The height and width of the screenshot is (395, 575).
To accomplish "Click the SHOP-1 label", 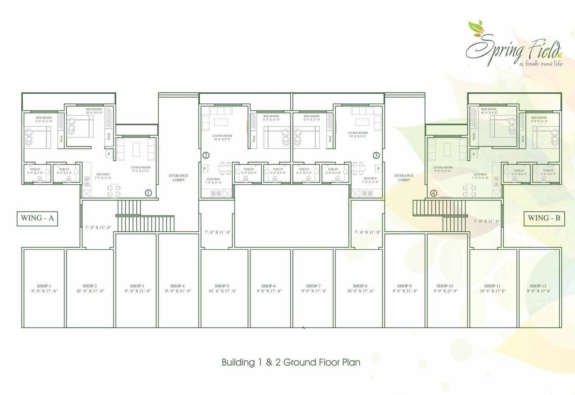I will tap(44, 286).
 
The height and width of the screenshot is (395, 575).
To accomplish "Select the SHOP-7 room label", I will tap(314, 286).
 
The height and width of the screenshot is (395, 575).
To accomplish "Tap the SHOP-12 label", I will tap(538, 286).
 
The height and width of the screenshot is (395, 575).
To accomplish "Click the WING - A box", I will tap(37, 218).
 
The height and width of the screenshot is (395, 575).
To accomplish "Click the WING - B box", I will tap(544, 218).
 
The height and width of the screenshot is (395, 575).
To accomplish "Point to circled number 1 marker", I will tap(148, 193).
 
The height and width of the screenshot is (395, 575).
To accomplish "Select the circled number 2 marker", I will tap(206, 155).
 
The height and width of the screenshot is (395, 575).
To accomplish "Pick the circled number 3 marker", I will tap(376, 155).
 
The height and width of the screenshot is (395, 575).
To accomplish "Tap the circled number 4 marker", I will tap(433, 193).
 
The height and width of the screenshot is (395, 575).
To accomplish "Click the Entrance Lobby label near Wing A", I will tap(179, 178).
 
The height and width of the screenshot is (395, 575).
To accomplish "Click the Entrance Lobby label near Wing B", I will tap(404, 178).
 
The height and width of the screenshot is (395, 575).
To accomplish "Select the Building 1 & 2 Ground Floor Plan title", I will tap(291, 362).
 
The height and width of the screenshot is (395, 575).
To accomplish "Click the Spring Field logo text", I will tap(513, 50).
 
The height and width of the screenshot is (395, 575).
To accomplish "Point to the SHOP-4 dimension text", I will tap(178, 291).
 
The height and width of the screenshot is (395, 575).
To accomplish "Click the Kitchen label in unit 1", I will tap(103, 174).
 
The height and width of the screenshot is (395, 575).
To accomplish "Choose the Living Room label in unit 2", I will tap(222, 136).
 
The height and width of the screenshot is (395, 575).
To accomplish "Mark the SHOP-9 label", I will tap(404, 286).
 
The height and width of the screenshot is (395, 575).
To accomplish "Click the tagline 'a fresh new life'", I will tap(541, 63).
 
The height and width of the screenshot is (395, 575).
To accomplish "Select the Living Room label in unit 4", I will tap(443, 168).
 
